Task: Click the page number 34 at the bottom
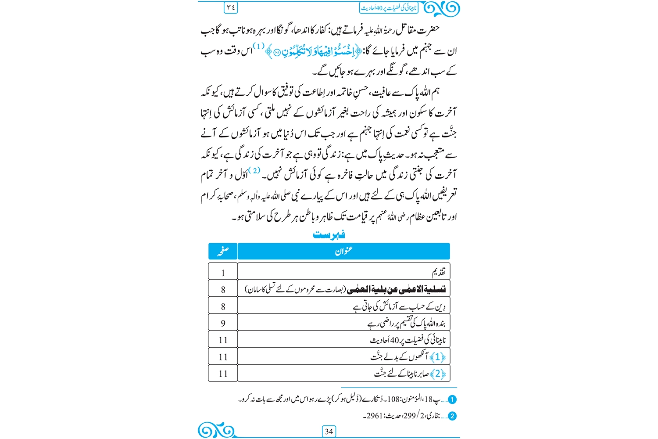tap(329, 432)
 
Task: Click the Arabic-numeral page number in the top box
tap(231, 7)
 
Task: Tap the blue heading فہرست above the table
tap(329, 234)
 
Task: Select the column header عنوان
tap(343, 251)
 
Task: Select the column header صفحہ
tap(223, 251)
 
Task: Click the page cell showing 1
tap(223, 273)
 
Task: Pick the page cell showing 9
tap(223, 323)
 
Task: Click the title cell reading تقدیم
tap(439, 273)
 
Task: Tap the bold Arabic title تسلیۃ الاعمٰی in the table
tap(396, 289)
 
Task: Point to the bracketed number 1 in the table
tap(437, 357)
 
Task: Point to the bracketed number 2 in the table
tap(437, 374)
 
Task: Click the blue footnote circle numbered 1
tap(453, 399)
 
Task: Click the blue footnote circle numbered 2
tap(453, 416)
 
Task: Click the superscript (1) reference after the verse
tap(259, 46)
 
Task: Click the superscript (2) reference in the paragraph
tap(254, 170)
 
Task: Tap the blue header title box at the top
tap(389, 8)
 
